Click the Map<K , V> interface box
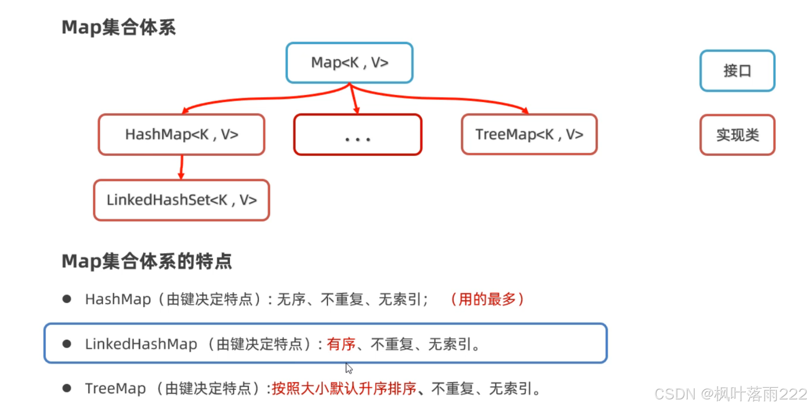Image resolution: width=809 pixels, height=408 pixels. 349,63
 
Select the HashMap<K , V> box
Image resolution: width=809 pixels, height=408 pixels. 182,135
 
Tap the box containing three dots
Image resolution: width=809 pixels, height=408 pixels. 357,135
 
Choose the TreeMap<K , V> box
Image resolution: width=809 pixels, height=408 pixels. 529,135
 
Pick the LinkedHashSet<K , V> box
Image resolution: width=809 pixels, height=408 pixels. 182,200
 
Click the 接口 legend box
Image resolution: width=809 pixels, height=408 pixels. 737,71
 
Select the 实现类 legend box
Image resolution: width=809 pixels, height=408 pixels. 737,135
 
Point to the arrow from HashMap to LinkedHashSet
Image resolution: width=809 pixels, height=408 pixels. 182,167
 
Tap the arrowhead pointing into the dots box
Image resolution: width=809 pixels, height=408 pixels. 356,110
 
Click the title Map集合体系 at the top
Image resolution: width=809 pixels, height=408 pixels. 119,27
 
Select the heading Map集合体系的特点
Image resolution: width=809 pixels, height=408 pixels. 147,261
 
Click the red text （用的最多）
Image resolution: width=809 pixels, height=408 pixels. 487,299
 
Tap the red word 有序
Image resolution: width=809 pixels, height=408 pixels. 341,344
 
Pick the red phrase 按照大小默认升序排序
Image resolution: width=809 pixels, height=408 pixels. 344,389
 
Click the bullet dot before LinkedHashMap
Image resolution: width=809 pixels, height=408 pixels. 67,344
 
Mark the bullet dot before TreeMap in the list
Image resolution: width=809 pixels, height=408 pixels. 67,388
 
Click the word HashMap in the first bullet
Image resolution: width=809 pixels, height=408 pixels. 118,300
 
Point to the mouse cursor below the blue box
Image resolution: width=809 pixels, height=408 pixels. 348,368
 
